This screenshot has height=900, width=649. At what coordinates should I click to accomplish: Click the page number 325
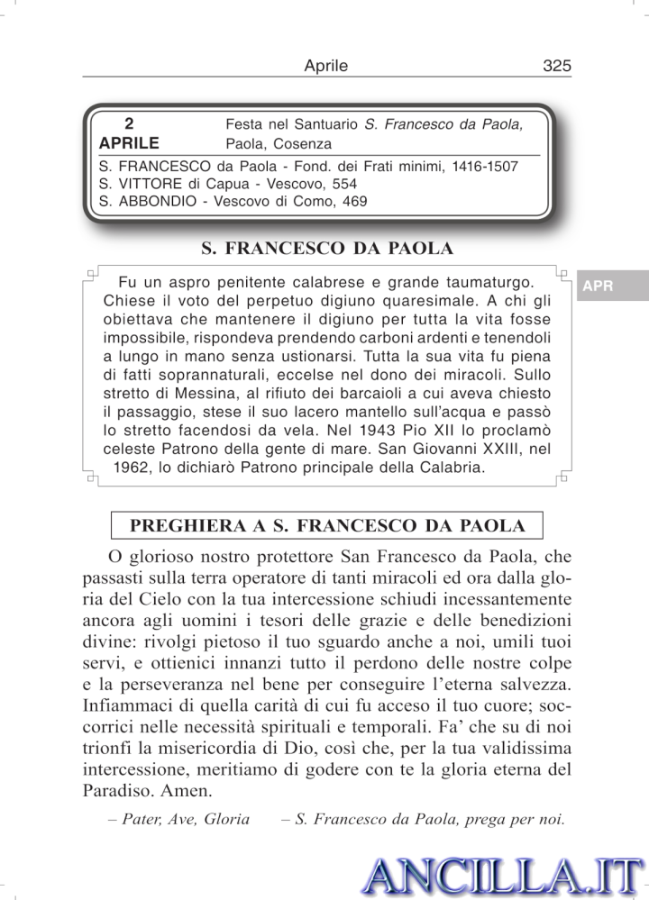[x=557, y=66]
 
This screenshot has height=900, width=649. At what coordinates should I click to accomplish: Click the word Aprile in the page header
[x=326, y=66]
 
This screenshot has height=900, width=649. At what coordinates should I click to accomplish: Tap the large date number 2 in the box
[x=130, y=123]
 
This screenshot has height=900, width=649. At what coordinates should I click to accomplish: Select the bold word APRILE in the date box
[x=130, y=143]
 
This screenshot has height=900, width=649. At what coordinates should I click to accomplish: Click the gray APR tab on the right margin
[x=599, y=286]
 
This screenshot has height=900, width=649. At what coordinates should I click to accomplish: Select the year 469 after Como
[x=353, y=202]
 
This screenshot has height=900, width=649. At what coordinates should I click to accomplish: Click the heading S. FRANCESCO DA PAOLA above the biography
[x=326, y=248]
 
